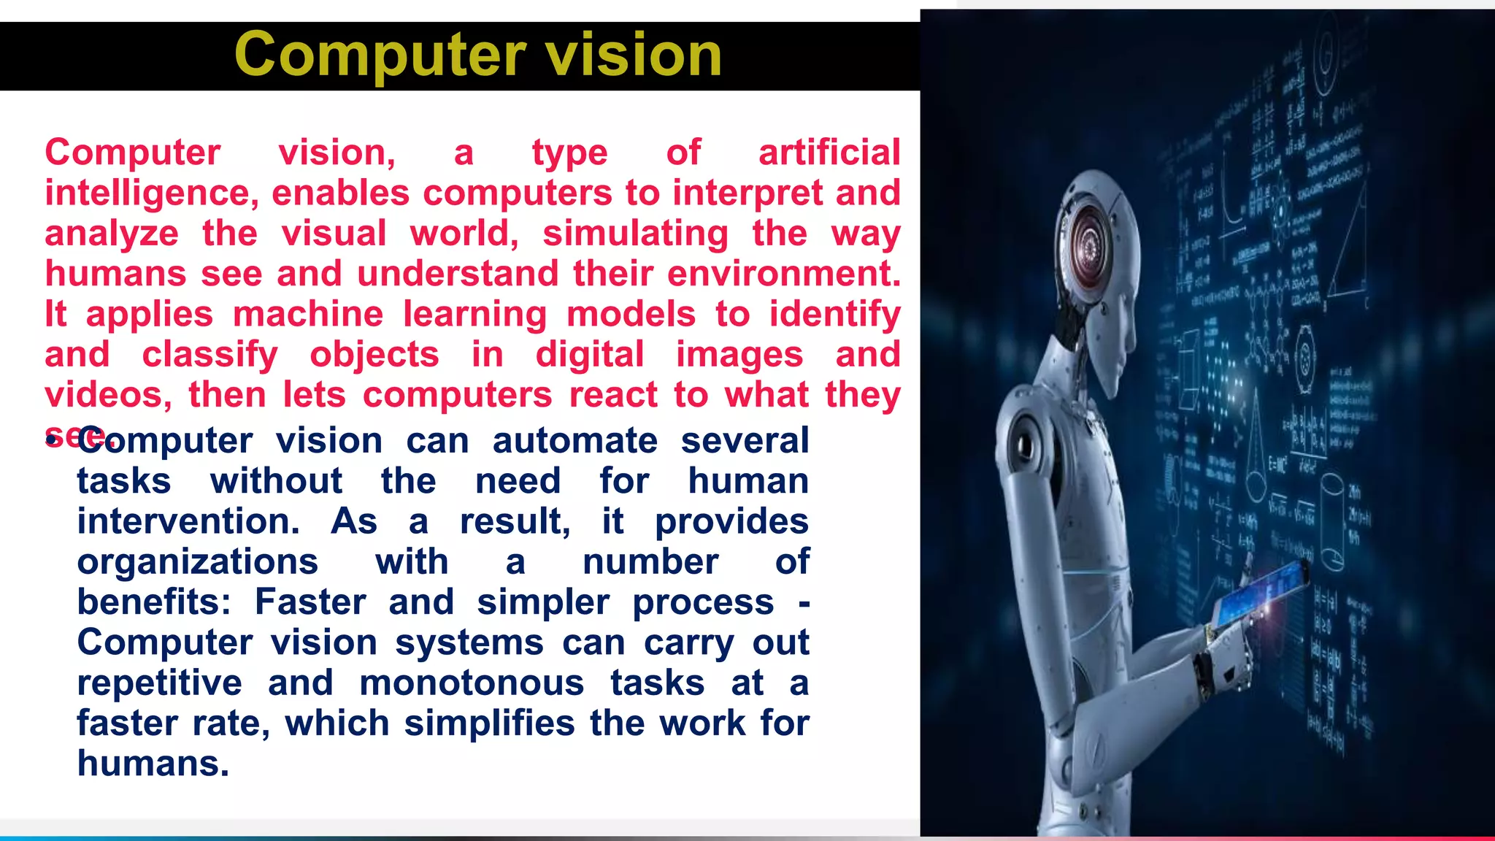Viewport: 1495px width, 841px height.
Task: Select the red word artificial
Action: (x=829, y=153)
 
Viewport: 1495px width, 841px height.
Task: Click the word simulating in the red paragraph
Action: (x=635, y=234)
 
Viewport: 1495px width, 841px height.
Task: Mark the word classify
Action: (x=210, y=356)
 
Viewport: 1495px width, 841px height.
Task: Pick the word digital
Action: (x=590, y=356)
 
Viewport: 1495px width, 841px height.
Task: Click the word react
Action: (x=613, y=395)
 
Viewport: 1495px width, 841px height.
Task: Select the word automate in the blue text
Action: (x=575, y=441)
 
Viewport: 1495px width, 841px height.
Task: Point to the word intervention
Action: (x=188, y=522)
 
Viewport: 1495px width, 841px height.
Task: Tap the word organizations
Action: (x=198, y=562)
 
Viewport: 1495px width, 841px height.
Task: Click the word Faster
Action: (x=310, y=603)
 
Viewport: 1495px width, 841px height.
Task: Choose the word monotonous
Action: (x=472, y=683)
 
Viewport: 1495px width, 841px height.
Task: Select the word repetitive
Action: (x=159, y=683)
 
